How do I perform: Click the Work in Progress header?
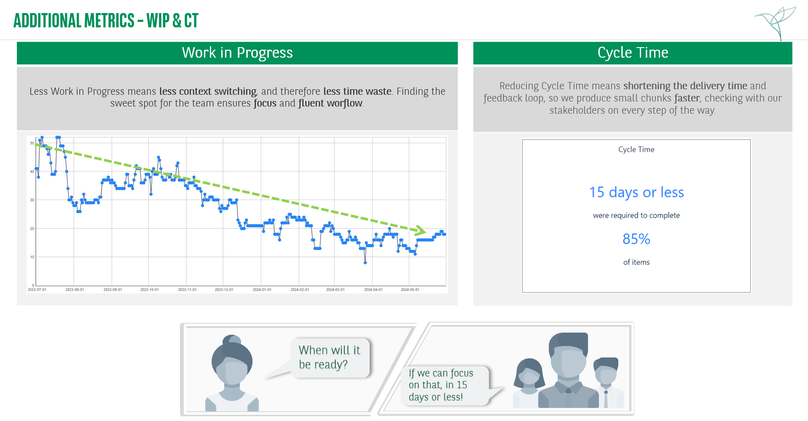[x=237, y=53]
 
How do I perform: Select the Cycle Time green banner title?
[x=633, y=53]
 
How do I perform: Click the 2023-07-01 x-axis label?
[x=37, y=290]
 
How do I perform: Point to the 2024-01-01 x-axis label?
[x=262, y=290]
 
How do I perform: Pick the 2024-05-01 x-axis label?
[x=410, y=290]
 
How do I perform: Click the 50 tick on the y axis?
[x=32, y=143]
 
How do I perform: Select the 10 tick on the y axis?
[x=32, y=257]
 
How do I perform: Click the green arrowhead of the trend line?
[x=420, y=230]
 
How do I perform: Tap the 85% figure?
[x=636, y=239]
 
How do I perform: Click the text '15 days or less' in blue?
[x=636, y=192]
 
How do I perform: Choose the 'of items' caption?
[x=636, y=262]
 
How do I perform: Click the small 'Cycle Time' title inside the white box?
[x=636, y=149]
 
